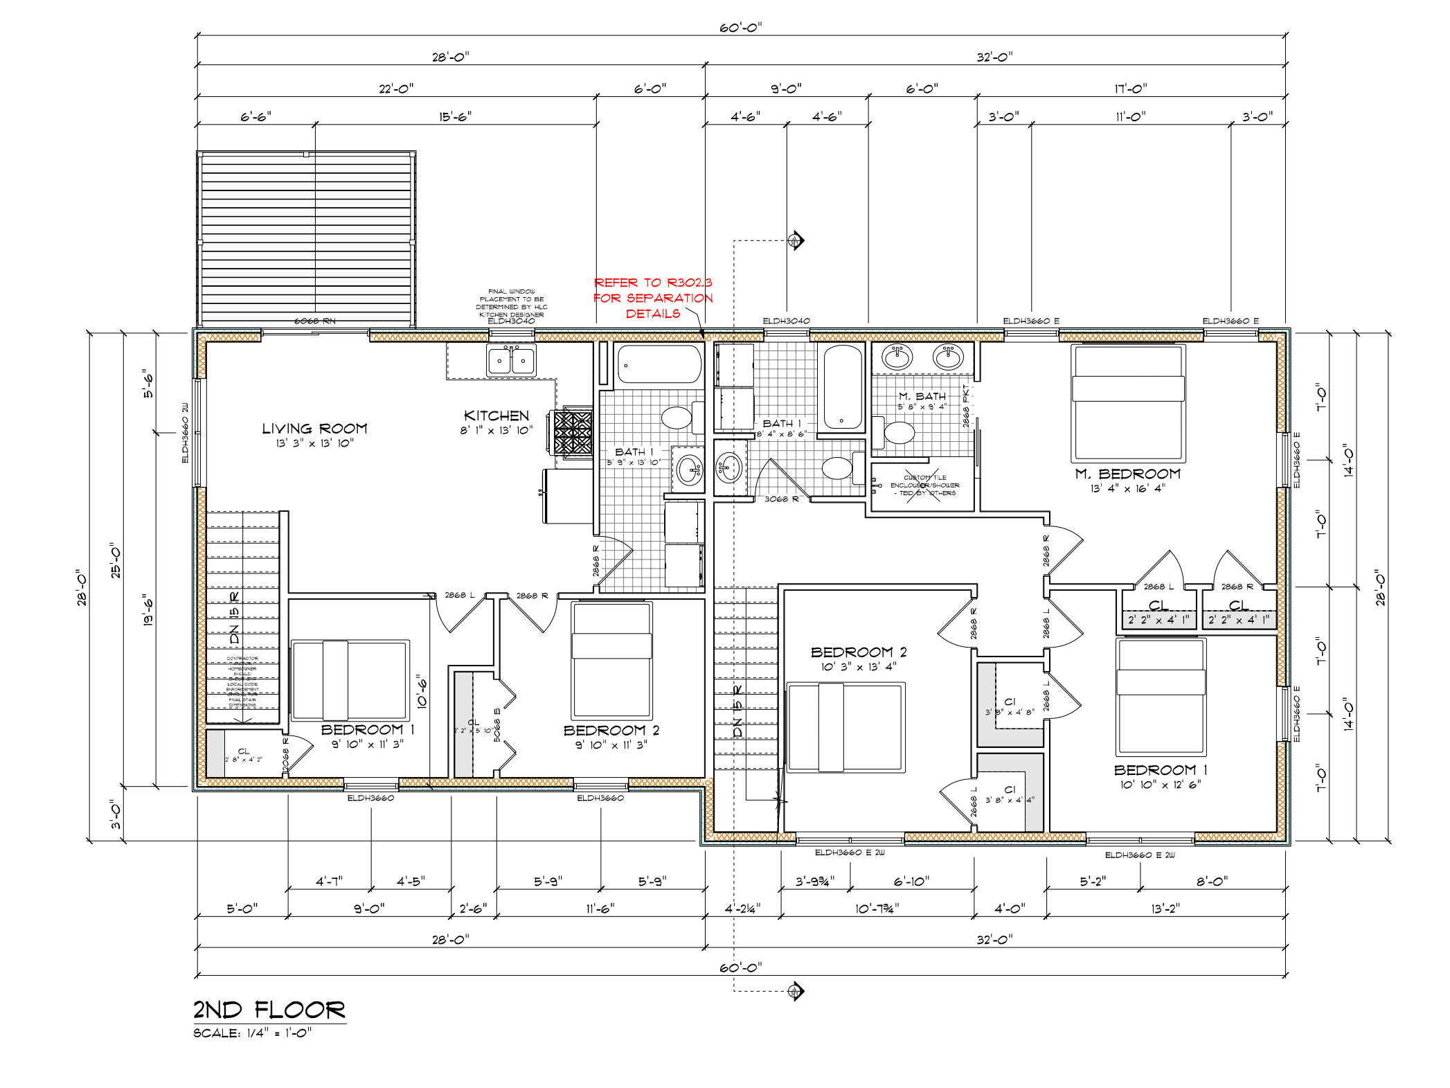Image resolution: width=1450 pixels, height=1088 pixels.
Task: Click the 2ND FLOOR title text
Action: tap(269, 1010)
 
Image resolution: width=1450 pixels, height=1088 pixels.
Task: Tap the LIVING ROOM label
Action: tap(314, 429)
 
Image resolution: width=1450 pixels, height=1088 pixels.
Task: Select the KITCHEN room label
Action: tap(496, 416)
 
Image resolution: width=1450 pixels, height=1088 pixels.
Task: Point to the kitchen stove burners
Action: tap(573, 433)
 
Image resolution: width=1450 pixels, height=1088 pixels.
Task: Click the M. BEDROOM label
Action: tap(1127, 474)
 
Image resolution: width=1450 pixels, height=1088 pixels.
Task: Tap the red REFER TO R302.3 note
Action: tap(653, 298)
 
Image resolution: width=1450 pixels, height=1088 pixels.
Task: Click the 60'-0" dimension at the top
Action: tap(740, 28)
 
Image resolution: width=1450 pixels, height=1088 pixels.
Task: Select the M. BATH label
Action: tap(922, 396)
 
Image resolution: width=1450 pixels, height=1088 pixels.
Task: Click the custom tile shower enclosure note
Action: tap(924, 485)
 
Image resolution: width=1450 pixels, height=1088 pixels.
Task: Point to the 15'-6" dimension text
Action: tap(455, 116)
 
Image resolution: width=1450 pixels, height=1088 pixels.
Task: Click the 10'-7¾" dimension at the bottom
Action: tap(877, 908)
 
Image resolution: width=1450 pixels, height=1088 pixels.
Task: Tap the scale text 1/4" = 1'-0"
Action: tap(253, 1033)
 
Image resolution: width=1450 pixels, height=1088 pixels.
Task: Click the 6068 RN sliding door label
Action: tap(314, 321)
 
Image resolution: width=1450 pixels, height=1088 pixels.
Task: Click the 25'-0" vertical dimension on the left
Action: tap(115, 560)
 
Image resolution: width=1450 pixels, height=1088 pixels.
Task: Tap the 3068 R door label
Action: tap(781, 499)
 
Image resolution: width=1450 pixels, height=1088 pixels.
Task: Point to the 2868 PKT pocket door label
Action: tap(966, 406)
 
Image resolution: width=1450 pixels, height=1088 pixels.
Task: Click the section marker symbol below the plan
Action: tap(796, 991)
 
